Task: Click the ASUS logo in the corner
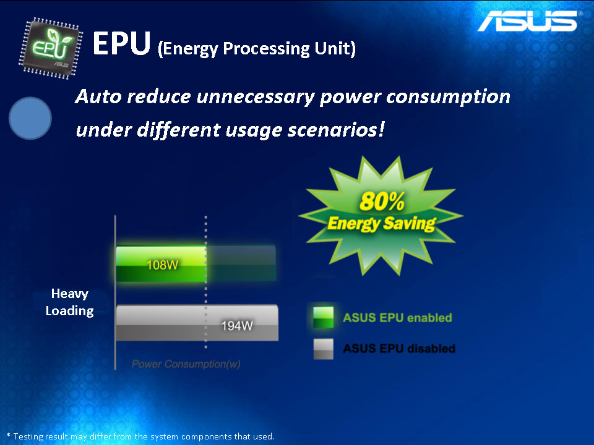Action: (x=528, y=20)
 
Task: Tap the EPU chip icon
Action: (x=50, y=48)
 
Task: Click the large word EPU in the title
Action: (x=122, y=43)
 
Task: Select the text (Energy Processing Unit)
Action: (x=256, y=48)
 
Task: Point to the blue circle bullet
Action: (x=30, y=118)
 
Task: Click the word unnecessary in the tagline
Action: (x=256, y=97)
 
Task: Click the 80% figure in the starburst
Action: (x=382, y=201)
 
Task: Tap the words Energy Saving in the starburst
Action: (x=382, y=223)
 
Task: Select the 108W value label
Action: (x=162, y=265)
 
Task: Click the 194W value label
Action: (x=237, y=326)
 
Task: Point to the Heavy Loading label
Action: (x=70, y=302)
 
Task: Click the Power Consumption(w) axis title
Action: (x=186, y=364)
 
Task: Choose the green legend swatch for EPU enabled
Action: (x=323, y=317)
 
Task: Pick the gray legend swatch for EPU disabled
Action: (x=323, y=349)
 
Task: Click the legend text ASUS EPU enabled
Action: (x=397, y=318)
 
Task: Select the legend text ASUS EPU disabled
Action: (x=399, y=349)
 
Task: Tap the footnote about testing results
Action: (x=140, y=436)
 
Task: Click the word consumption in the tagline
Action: (x=448, y=97)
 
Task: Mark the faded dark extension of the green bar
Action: (x=241, y=263)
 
